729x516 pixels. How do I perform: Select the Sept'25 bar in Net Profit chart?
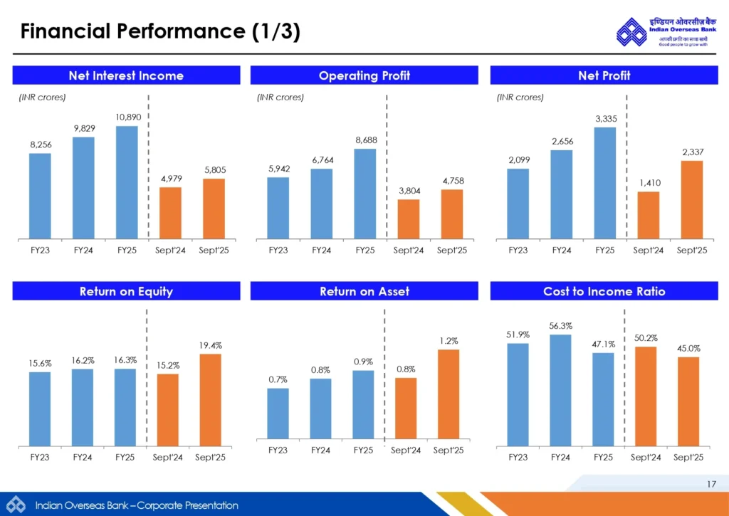click(x=691, y=199)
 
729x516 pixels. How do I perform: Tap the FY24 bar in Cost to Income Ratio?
click(x=561, y=390)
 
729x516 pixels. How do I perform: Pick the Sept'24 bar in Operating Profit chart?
click(x=408, y=218)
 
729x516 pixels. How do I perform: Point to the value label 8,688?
click(x=366, y=140)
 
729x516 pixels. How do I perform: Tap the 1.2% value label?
click(x=449, y=341)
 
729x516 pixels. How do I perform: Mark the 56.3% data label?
click(x=561, y=326)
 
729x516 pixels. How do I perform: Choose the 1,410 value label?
click(x=649, y=183)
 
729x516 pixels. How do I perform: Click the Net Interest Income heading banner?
click(x=126, y=75)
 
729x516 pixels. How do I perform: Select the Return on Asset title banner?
click(x=364, y=291)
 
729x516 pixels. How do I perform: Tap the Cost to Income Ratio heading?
click(x=604, y=291)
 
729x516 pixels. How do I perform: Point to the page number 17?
click(x=711, y=485)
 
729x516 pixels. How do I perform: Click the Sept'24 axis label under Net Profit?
click(x=649, y=251)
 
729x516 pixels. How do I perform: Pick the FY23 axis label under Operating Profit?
click(x=278, y=251)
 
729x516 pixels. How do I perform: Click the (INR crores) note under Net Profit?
click(x=520, y=98)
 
